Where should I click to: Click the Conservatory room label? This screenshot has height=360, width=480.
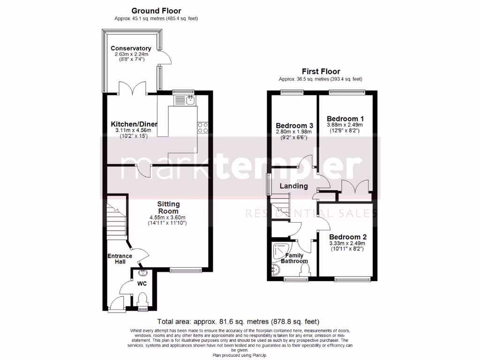pos(131,48)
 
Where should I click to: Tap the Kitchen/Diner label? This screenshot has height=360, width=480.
pos(134,124)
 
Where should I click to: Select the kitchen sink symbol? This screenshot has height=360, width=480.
pos(190,100)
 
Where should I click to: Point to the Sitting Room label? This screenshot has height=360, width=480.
pos(167,208)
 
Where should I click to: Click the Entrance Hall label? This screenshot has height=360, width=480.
pos(120,259)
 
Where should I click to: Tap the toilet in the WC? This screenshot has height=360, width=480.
pos(143,299)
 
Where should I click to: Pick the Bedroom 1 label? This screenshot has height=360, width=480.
pos(345,119)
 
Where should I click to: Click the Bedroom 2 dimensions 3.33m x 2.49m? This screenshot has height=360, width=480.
pos(347,243)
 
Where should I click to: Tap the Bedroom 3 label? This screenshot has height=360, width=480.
pos(294,126)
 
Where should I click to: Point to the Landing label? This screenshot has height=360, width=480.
pos(293,186)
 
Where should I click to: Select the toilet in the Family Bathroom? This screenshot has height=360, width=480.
pos(306,270)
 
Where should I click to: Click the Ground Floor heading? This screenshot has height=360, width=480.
pos(156,11)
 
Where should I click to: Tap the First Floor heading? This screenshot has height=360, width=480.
pos(321,71)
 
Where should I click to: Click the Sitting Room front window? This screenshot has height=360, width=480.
pos(186,270)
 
